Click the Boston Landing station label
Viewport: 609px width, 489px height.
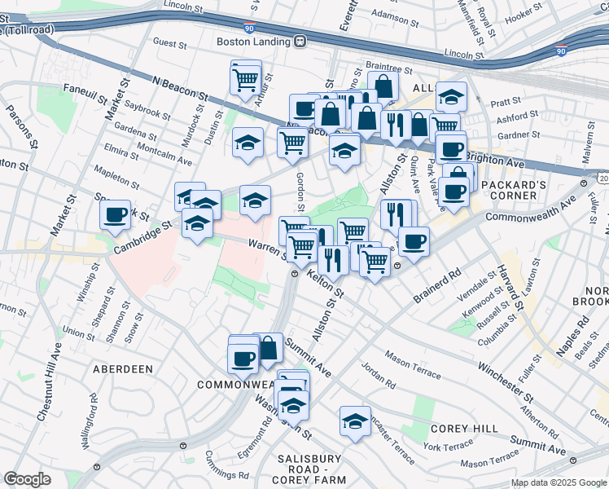(x=253, y=42)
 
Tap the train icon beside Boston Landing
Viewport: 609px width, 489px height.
(x=300, y=42)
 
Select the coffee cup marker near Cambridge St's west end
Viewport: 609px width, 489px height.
(x=116, y=215)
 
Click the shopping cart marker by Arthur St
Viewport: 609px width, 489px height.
(x=246, y=79)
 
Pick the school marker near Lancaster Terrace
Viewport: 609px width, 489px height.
(x=355, y=421)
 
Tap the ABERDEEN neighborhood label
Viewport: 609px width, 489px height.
(x=122, y=369)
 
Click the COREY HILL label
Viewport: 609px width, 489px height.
(x=458, y=428)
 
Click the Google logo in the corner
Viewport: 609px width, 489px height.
(x=28, y=479)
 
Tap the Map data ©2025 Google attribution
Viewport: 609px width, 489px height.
(x=559, y=482)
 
